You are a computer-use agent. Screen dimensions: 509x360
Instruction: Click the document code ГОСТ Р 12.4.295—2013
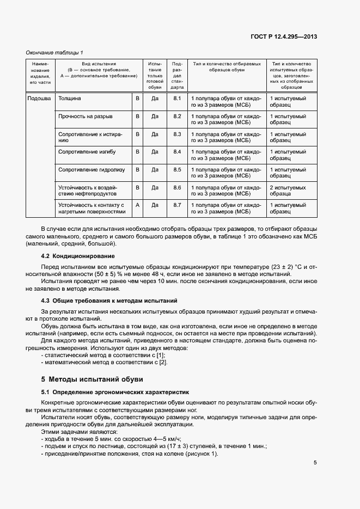click(x=284, y=36)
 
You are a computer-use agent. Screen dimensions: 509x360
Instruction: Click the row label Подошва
click(x=39, y=99)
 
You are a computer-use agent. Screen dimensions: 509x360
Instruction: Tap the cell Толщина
click(x=70, y=99)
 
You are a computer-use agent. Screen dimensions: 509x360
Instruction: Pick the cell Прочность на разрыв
click(x=86, y=116)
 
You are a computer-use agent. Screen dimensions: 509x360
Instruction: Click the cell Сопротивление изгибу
click(x=87, y=151)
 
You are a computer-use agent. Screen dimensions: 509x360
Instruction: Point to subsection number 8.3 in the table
click(x=176, y=134)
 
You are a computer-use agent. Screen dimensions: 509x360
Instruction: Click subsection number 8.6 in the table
click(x=176, y=187)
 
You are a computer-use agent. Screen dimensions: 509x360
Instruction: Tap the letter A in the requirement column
click(x=137, y=205)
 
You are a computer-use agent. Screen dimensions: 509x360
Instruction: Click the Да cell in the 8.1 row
click(x=155, y=99)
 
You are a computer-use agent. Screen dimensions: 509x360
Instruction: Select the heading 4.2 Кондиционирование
click(x=78, y=256)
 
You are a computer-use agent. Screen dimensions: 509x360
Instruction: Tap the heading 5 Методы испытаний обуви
click(x=92, y=379)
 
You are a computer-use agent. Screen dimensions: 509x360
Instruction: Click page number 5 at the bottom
click(x=315, y=463)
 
